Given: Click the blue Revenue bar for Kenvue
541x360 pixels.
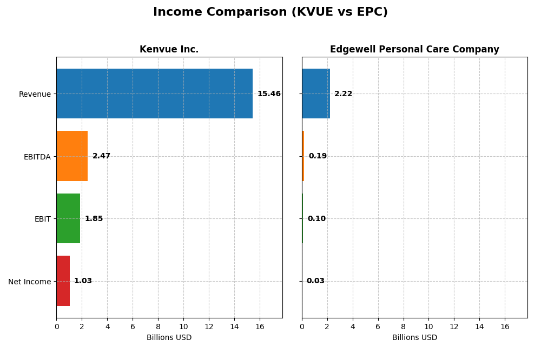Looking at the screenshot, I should pos(154,94).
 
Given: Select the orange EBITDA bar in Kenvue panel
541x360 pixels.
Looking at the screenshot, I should pos(72,156).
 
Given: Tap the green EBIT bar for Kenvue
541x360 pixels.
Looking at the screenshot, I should pos(68,218).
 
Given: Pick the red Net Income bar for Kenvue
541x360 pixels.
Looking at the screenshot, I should pos(63,281).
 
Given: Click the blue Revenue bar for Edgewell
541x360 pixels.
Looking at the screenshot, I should pos(315,94).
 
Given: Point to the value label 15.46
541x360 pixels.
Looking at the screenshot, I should pos(269,94).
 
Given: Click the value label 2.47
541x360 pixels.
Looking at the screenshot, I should pos(101,156).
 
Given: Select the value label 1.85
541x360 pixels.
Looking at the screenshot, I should pos(94,219).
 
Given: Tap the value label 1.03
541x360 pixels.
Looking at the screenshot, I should pos(83,281).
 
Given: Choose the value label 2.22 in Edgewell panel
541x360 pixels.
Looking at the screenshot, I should pos(343,94).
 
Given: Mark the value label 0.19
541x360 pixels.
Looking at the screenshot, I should pos(318,156).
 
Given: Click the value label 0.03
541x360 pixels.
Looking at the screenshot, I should pos(315,281).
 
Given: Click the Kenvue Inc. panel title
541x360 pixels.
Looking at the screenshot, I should pos(169,50).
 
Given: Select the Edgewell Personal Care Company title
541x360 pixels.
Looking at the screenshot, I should pos(414,50).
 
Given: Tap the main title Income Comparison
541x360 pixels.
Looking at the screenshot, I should pos(270,12).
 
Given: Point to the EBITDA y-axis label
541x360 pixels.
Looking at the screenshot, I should pos(37,157).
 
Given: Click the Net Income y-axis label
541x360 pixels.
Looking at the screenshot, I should pos(29,282).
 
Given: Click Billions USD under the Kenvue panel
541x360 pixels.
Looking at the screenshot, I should pos(169,338).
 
